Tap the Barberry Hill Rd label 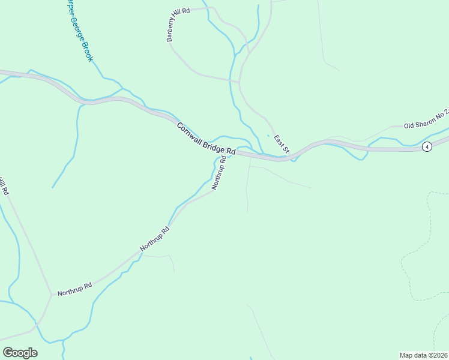click(x=178, y=25)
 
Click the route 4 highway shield click(x=427, y=147)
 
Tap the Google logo click(x=20, y=353)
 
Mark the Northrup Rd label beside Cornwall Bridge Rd click(x=220, y=173)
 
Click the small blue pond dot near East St click(x=268, y=135)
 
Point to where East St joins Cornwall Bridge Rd click(x=291, y=158)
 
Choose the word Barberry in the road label click(x=173, y=31)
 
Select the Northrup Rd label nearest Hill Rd click(x=74, y=289)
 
